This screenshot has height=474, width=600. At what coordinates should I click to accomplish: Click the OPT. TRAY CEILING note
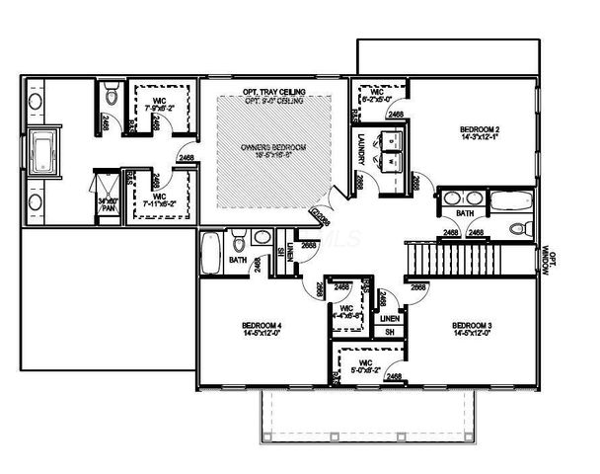click(273, 92)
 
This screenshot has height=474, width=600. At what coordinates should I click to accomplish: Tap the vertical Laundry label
click(363, 147)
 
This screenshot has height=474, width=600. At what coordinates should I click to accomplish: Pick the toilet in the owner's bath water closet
click(110, 99)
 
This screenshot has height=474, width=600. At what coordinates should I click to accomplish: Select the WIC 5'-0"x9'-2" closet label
click(363, 366)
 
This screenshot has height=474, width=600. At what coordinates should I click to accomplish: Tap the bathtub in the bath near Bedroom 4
click(211, 254)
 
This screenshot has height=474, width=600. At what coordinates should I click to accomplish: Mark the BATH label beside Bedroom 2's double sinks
click(464, 213)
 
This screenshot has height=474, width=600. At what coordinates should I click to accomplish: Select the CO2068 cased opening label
click(321, 214)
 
